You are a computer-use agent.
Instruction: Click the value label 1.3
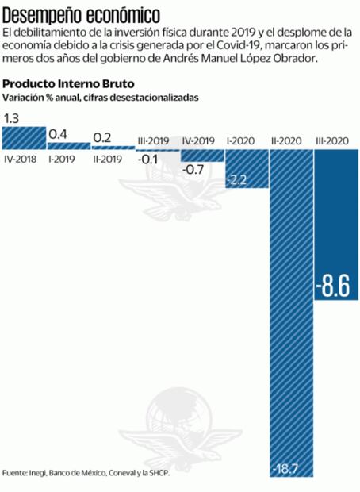click(x=13, y=118)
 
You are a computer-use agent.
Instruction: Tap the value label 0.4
click(x=58, y=134)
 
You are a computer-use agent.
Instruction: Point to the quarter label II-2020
click(x=289, y=140)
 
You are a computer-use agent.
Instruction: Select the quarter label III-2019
click(x=155, y=140)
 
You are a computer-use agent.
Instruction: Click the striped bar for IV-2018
click(x=23, y=137)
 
